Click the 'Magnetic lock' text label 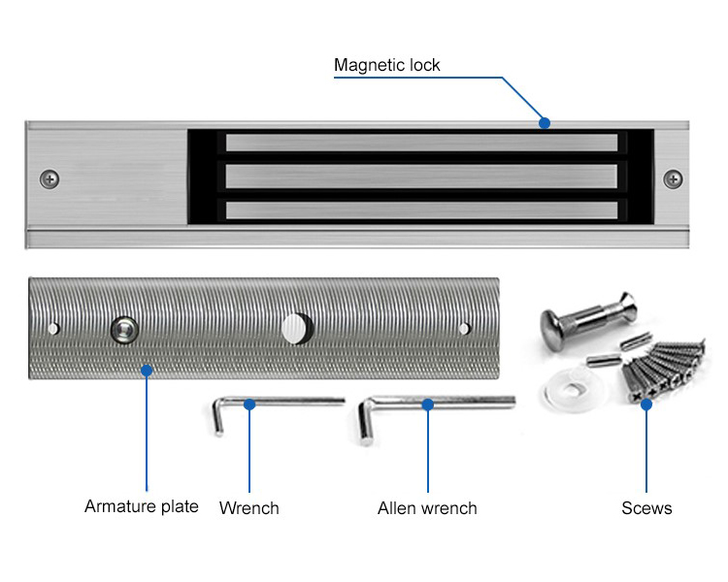pos(386,66)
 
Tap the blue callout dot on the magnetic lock pos(545,123)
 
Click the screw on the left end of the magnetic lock pos(50,178)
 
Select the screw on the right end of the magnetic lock pos(672,178)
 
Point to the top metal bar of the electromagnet pos(421,144)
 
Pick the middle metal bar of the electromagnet pos(421,177)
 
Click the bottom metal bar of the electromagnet pos(421,209)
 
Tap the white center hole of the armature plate pos(293,328)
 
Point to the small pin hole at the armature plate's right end pos(465,328)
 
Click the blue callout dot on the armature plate pos(147,370)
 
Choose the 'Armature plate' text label pos(142,506)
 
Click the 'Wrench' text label pos(248,508)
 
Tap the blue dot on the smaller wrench pos(249,403)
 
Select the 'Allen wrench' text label pos(427,508)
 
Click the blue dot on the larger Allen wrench pos(427,403)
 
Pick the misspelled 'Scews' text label pos(646,508)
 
